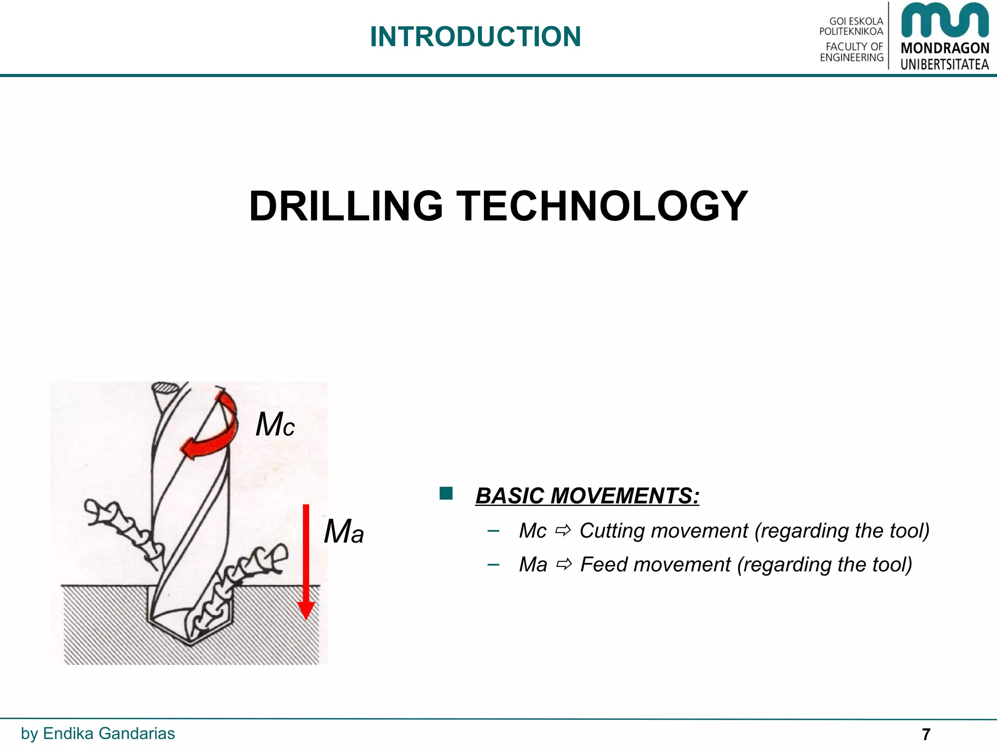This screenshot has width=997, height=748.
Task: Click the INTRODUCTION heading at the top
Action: click(475, 37)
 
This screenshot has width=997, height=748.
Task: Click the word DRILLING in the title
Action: click(346, 206)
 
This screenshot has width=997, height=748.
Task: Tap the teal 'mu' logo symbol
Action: click(944, 20)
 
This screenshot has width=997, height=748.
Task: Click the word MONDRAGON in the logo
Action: click(944, 48)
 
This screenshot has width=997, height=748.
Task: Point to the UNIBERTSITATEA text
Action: click(944, 64)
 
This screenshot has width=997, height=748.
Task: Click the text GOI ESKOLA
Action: click(856, 21)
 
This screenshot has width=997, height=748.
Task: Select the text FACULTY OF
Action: click(854, 47)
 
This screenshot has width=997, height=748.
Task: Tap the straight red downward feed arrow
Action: click(306, 560)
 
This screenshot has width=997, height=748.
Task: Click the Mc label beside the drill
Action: click(275, 424)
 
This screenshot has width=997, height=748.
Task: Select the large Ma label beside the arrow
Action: click(344, 531)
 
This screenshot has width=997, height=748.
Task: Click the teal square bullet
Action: click(446, 493)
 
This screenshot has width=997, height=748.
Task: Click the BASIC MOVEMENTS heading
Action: click(587, 496)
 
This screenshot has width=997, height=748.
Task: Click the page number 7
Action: click(925, 734)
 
